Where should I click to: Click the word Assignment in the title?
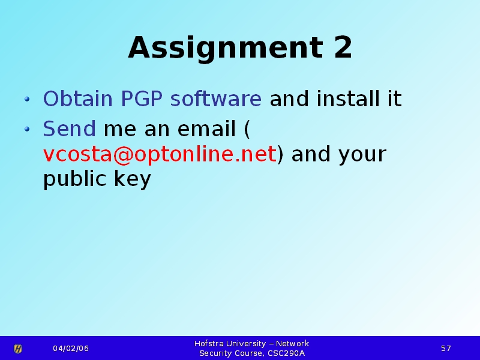[x=226, y=49]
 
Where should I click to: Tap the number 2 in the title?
[x=343, y=47]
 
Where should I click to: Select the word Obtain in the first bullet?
[x=78, y=98]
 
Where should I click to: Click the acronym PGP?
[x=142, y=98]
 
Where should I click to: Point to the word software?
[x=216, y=98]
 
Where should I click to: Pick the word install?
[x=348, y=98]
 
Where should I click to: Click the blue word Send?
[x=69, y=128]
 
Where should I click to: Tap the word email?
[x=206, y=128]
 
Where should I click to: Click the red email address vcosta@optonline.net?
[x=160, y=154]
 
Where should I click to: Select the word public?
[x=74, y=179]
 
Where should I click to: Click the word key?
[x=133, y=179]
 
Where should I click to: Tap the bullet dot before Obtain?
[x=27, y=99]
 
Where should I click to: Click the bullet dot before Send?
[x=27, y=129]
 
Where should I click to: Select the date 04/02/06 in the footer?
[x=71, y=349]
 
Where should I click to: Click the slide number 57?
[x=446, y=349]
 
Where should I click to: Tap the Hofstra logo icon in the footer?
[x=18, y=349]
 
